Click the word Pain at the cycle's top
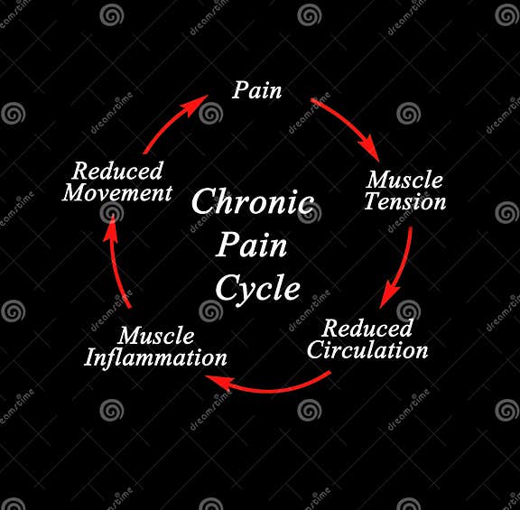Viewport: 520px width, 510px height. pos(257,90)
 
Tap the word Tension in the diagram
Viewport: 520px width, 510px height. pos(405,201)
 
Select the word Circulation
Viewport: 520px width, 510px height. pos(367,350)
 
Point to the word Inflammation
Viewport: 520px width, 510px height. pos(155,357)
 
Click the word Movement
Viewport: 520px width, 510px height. pos(118,193)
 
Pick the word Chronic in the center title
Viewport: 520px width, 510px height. pos(253,201)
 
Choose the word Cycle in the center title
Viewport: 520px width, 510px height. pos(257,288)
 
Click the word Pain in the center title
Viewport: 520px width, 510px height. pos(253,245)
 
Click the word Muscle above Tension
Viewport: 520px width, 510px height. pos(404,179)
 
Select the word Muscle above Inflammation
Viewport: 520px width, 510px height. pos(156,336)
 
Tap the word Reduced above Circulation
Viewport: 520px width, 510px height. pos(367,329)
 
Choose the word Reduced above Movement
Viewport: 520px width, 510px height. pos(118,171)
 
